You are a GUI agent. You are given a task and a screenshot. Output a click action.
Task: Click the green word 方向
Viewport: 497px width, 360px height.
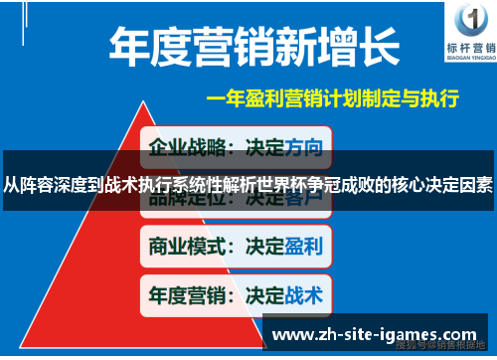302,148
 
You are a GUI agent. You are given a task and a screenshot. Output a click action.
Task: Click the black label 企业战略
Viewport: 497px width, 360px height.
185,148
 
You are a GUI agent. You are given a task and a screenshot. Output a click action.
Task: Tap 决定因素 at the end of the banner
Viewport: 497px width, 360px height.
458,184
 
